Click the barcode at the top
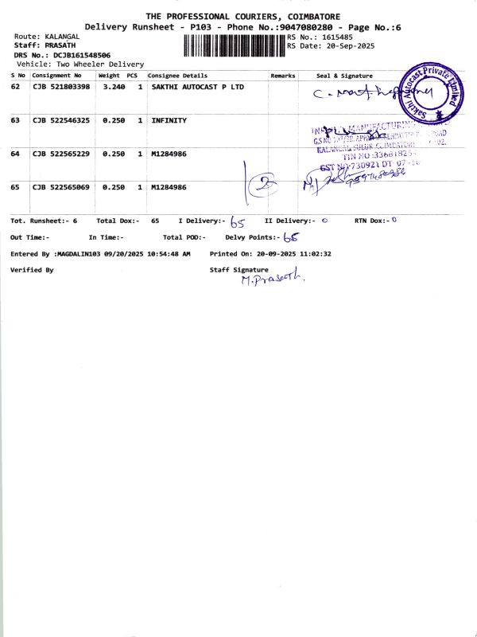234,45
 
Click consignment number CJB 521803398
61,86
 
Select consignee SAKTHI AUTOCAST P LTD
198,86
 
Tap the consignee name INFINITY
169,120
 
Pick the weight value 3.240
112,86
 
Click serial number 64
15,153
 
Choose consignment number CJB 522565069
61,187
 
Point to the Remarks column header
282,75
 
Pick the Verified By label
32,271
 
